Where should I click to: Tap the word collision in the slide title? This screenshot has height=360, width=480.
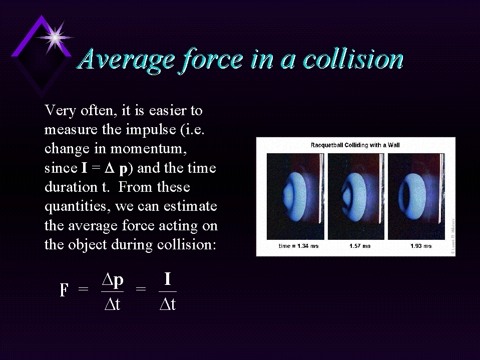point(353,59)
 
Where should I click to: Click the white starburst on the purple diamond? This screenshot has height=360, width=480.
point(55,38)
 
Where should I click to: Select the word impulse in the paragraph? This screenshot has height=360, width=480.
point(151,130)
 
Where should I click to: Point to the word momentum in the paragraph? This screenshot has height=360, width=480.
point(148,149)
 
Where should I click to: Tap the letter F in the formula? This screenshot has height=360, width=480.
point(64,289)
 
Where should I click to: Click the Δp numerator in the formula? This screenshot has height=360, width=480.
point(113,280)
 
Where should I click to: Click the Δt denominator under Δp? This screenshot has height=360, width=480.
point(112,304)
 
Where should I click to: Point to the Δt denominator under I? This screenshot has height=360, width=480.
point(168,304)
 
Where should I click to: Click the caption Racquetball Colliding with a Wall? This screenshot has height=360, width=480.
point(355,145)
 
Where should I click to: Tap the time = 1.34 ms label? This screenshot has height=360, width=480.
point(298,246)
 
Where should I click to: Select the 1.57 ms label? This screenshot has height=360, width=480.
point(360,246)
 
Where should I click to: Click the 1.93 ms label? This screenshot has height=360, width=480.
point(421,246)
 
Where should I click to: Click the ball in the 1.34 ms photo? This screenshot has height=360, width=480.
point(294,196)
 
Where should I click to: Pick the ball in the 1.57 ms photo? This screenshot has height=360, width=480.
point(354,197)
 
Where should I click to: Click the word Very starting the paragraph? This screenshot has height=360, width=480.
point(60,111)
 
